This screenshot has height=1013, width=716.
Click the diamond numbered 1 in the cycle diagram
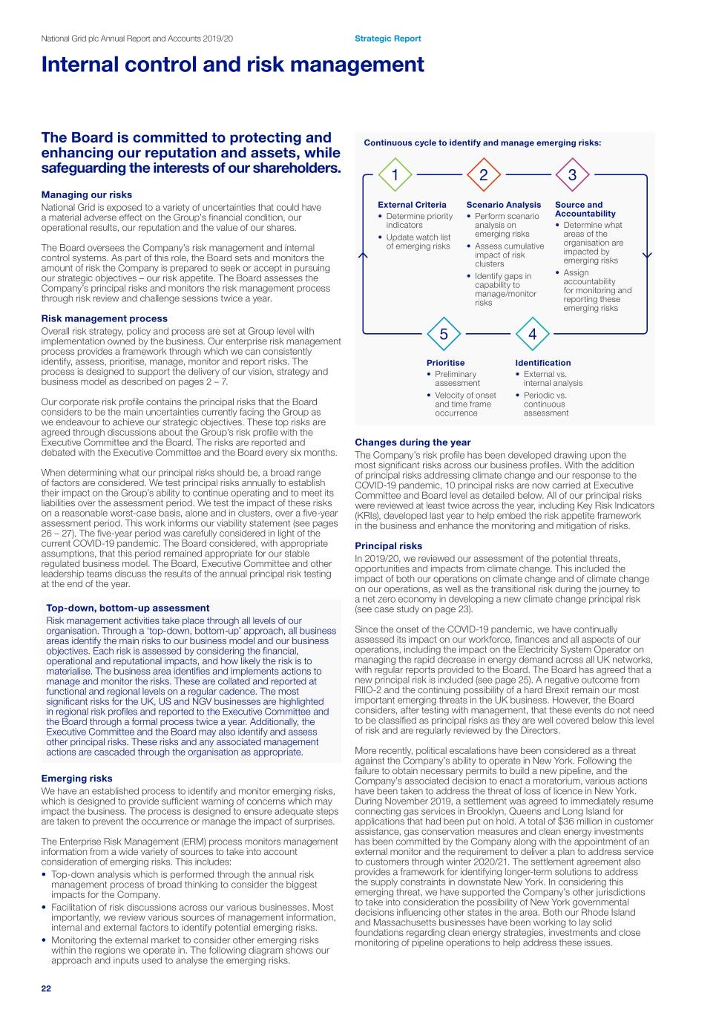coord(395,175)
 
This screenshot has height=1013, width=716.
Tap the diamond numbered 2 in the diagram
coord(484,175)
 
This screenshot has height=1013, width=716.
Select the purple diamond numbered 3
coord(572,175)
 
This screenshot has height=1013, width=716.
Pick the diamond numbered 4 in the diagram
coord(532,334)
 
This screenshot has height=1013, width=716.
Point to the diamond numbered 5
coord(444,334)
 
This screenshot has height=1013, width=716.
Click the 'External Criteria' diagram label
coord(412,205)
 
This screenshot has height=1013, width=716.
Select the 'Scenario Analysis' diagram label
coord(504,205)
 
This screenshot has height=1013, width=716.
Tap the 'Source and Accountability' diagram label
coord(585,209)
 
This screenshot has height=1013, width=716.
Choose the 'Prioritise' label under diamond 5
coord(445,363)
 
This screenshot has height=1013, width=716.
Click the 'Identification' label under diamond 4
coord(543,363)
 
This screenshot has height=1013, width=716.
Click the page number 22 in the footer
coord(46,989)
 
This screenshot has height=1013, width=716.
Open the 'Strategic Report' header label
coord(387,39)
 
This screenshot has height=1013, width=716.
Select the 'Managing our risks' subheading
coord(87,195)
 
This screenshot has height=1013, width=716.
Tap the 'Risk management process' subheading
coord(104,319)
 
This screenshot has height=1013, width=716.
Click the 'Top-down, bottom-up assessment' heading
coord(128,608)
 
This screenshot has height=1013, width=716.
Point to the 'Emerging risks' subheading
coord(76,778)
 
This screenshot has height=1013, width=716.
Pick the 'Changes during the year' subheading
coord(413,442)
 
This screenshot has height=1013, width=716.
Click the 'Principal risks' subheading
coord(388,545)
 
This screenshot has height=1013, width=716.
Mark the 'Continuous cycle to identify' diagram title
coord(482,143)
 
